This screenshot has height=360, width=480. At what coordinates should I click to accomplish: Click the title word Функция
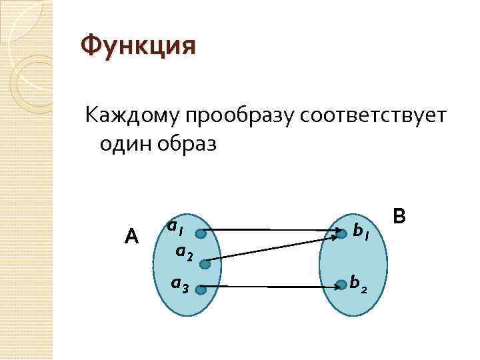(138, 47)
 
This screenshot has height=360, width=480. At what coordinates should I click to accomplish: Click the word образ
(189, 144)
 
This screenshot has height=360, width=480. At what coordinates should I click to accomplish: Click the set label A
(131, 236)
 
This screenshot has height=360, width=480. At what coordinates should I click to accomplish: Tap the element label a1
(176, 228)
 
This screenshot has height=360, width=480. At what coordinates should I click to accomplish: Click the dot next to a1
(201, 233)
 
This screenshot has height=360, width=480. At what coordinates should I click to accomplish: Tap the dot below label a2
(205, 264)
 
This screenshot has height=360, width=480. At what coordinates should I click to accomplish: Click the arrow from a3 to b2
(270, 287)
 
